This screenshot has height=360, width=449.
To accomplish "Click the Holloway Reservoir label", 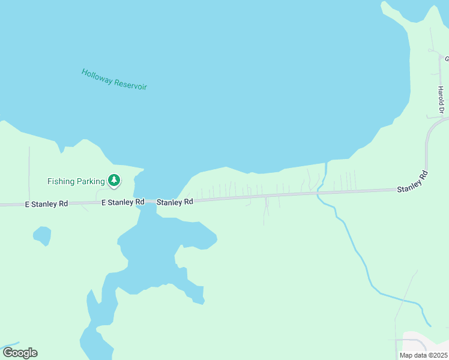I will click(114, 79).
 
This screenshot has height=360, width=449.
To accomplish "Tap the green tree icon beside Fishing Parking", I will click(113, 180).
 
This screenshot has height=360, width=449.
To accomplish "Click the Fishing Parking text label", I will click(76, 181).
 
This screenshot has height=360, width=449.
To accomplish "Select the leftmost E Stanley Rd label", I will click(46, 204).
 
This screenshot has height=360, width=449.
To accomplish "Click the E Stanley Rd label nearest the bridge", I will click(123, 202).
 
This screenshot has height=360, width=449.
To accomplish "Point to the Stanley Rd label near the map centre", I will click(175, 202).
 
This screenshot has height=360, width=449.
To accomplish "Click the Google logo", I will click(20, 353).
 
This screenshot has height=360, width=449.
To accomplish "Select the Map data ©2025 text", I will click(423, 355).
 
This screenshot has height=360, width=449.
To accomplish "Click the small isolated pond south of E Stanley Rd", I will click(41, 235).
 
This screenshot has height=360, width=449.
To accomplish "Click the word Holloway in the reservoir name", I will click(97, 76).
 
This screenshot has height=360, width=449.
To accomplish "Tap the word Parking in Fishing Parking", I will click(90, 181).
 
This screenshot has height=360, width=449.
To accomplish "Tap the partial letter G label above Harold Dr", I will click(447, 59).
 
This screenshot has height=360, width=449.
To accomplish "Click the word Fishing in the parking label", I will click(61, 181).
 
